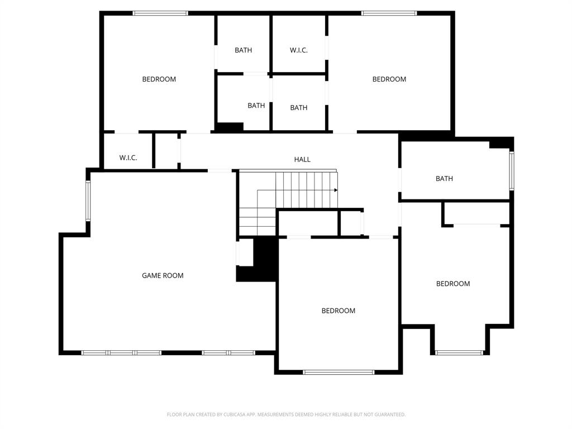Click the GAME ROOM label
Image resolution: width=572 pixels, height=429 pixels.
pos(163,275)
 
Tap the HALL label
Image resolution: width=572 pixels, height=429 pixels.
pos(302,160)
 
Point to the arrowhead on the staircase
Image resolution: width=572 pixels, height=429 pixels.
pos(336,190)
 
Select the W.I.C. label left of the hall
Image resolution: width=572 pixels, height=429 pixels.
pos(128,158)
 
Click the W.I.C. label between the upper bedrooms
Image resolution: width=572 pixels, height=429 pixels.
pos(298,50)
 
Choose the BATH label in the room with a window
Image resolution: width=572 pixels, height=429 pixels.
pos(444,179)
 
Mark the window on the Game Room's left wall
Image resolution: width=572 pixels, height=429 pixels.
pos(88,201)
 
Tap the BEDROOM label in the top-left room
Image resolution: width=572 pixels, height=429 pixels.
pos(159,79)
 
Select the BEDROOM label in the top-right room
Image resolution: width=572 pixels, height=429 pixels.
pos(389,79)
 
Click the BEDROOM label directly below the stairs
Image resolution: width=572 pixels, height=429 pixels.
pos(339,311)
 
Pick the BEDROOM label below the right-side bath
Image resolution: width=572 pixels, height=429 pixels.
pos(453,284)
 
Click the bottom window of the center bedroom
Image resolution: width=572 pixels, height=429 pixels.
pos(339,372)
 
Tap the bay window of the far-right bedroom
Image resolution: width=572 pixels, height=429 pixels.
pos(459,352)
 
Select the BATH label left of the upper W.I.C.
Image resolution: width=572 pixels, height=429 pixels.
pos(243,50)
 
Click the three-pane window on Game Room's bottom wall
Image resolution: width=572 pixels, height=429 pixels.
pos(121,352)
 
